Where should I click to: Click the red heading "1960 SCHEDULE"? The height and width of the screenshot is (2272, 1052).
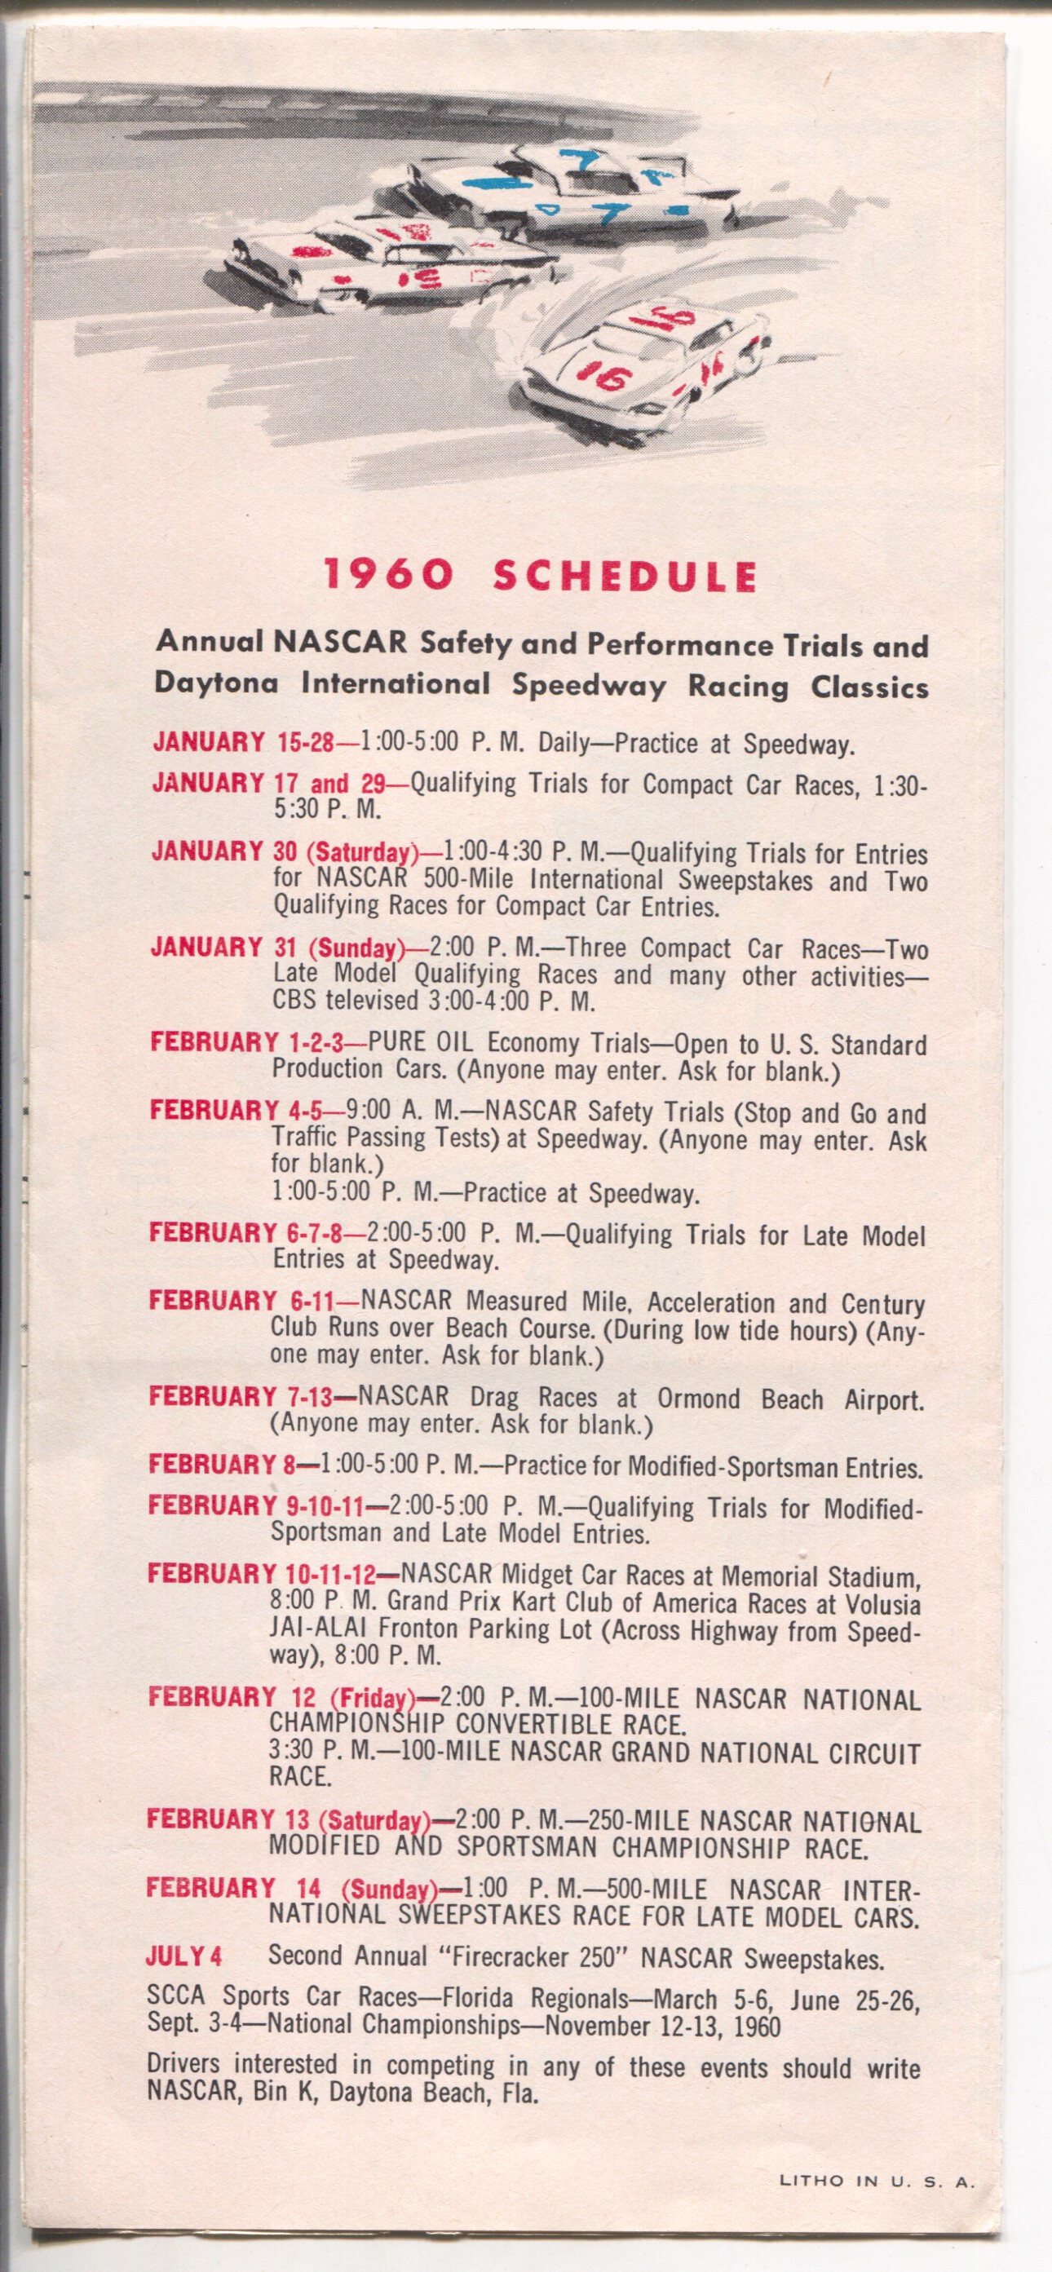click(x=540, y=575)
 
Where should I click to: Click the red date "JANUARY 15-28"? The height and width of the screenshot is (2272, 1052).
click(x=243, y=742)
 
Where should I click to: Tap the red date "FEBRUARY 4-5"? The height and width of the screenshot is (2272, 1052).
click(x=235, y=1111)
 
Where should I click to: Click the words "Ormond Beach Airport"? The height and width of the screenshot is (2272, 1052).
click(x=790, y=1399)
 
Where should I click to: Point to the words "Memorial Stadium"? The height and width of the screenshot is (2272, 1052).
click(x=821, y=1576)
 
